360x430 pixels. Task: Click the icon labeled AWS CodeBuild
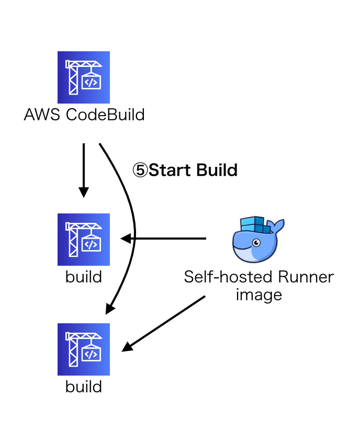click(84, 77)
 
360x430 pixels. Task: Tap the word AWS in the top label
click(42, 115)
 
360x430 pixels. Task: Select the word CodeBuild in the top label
click(105, 115)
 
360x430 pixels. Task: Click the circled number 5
click(140, 170)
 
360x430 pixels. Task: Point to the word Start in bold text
click(170, 170)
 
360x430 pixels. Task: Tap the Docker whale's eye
click(256, 243)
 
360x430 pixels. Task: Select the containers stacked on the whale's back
click(255, 225)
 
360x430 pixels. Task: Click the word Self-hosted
click(228, 277)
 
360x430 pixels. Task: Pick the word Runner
click(306, 277)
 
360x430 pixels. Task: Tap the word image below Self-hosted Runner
click(258, 296)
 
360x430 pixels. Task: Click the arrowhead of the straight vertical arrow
click(84, 192)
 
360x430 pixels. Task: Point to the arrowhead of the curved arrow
click(110, 309)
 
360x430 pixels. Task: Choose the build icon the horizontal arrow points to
click(84, 240)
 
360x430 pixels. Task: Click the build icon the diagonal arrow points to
click(84, 349)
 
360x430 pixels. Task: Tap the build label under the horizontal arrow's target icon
click(84, 277)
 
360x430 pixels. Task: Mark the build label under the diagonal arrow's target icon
click(84, 387)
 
